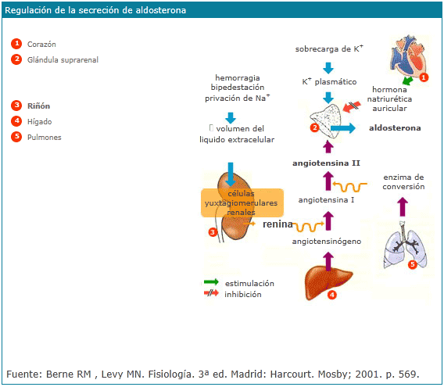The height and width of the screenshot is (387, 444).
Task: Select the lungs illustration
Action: click(405, 245)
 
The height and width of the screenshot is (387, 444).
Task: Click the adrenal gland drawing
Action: click(326, 120)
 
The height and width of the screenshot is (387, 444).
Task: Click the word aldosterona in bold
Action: click(395, 128)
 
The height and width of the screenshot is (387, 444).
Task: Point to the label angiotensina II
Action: click(326, 163)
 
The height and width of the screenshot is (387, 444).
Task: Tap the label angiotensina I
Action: click(326, 200)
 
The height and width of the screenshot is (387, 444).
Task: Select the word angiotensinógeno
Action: click(327, 242)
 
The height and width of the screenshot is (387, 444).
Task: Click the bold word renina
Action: click(277, 224)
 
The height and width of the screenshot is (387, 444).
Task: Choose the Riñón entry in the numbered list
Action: click(38, 106)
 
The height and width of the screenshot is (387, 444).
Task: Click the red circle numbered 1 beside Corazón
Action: click(16, 44)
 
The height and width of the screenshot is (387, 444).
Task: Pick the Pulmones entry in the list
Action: click(45, 137)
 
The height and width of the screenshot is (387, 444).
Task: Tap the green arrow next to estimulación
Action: click(211, 282)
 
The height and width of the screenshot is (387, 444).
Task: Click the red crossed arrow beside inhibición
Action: click(211, 292)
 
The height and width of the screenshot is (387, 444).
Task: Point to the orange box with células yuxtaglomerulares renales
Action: click(242, 202)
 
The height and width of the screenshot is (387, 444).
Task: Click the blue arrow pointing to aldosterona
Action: click(342, 128)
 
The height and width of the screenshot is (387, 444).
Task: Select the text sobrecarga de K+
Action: click(329, 48)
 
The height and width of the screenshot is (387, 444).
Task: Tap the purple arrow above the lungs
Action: click(403, 207)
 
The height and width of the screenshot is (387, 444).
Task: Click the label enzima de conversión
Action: click(403, 182)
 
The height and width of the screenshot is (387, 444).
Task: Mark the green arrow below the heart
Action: click(407, 81)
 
